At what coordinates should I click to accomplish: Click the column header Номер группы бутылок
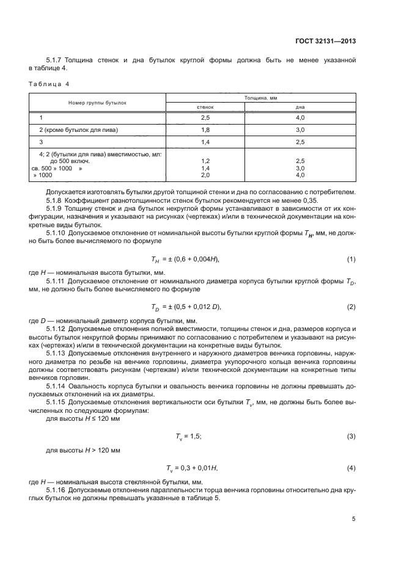click(x=97, y=102)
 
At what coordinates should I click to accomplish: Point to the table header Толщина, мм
click(x=261, y=97)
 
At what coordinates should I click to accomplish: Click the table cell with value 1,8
click(x=205, y=129)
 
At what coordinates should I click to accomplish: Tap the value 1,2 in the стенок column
click(x=205, y=161)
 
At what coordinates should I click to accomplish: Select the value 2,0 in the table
click(x=205, y=175)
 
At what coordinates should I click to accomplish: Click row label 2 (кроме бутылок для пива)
click(x=78, y=129)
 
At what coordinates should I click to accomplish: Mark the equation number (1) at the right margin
click(x=351, y=242)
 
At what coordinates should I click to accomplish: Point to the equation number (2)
click(x=351, y=306)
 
